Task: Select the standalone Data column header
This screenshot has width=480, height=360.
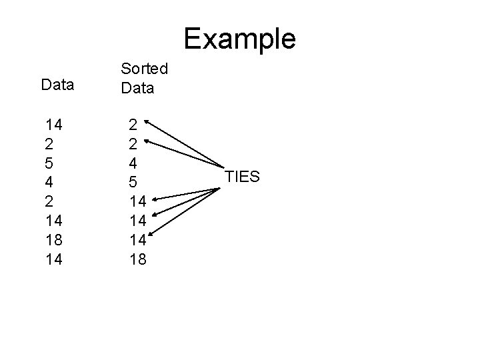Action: coord(58,85)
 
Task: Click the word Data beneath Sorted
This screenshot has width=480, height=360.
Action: coord(137,87)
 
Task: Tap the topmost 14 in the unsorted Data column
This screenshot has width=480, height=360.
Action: coord(53,124)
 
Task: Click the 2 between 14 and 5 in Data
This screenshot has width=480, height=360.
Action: coord(49,143)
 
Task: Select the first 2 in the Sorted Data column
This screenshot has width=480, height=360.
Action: coord(133,124)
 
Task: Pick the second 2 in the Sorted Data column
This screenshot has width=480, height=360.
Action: coord(133,143)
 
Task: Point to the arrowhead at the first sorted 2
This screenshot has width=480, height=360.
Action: coord(147,121)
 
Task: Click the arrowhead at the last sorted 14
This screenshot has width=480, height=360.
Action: coord(153,233)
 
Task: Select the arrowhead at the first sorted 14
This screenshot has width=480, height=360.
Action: coord(153,199)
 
